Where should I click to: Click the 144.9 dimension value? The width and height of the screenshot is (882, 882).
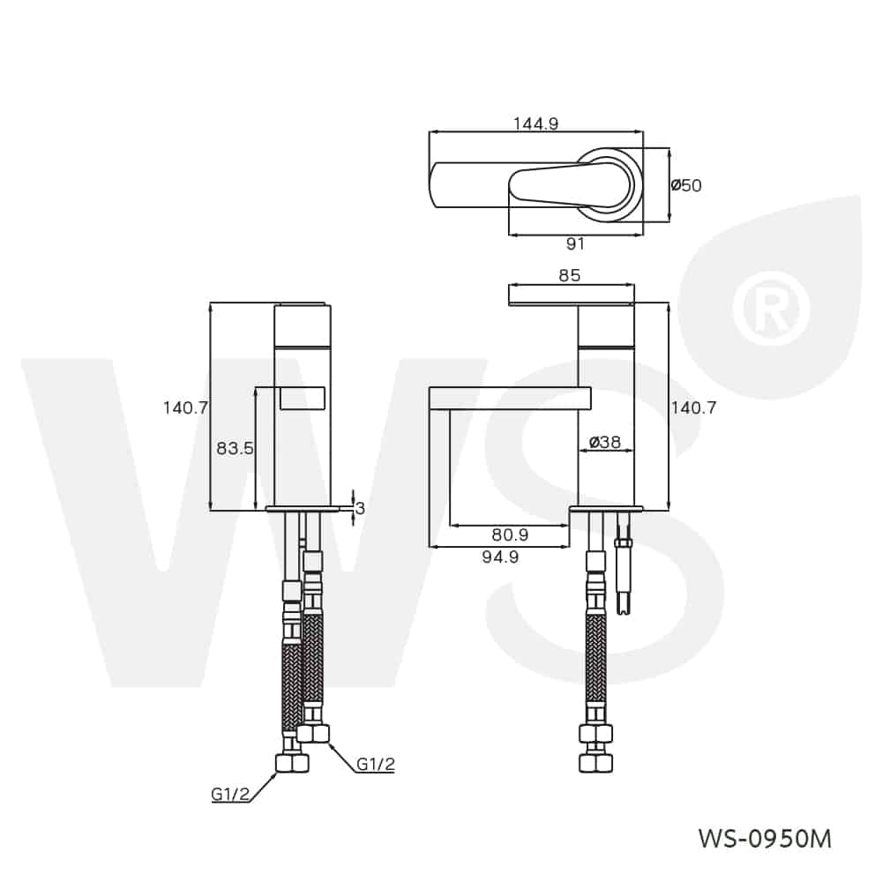pyautogui.click(x=535, y=124)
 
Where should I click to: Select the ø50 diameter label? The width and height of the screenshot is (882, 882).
pyautogui.click(x=686, y=185)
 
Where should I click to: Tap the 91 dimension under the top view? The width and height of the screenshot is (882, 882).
pyautogui.click(x=575, y=244)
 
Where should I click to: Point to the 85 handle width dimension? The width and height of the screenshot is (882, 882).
pyautogui.click(x=570, y=276)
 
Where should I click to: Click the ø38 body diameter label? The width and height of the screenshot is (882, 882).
pyautogui.click(x=604, y=442)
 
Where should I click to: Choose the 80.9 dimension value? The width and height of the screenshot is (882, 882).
pyautogui.click(x=510, y=534)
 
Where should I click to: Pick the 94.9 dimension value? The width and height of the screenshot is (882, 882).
pyautogui.click(x=500, y=557)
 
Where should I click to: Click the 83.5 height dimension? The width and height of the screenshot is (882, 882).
pyautogui.click(x=235, y=448)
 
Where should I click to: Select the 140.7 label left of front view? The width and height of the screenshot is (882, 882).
pyautogui.click(x=184, y=407)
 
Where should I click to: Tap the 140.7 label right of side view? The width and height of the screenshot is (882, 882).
pyautogui.click(x=693, y=407)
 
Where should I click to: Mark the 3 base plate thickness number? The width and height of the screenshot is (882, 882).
pyautogui.click(x=360, y=508)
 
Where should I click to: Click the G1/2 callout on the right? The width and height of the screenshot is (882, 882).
pyautogui.click(x=375, y=765)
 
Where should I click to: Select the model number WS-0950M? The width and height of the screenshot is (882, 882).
pyautogui.click(x=764, y=838)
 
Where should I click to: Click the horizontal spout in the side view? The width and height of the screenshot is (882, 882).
pyautogui.click(x=509, y=399)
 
